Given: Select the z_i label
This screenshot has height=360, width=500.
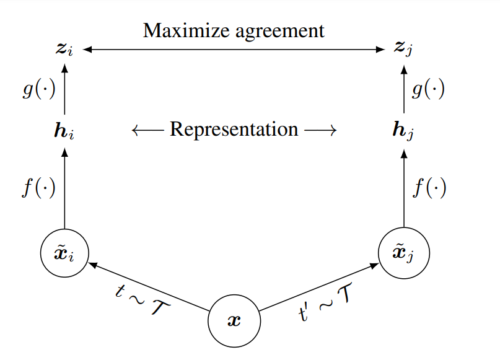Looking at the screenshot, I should (64, 48).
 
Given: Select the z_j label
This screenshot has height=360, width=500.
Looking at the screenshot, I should (403, 48).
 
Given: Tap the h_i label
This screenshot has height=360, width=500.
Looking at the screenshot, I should (64, 131).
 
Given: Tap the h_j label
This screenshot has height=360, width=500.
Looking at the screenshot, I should (403, 131).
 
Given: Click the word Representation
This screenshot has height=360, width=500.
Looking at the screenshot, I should (234, 130).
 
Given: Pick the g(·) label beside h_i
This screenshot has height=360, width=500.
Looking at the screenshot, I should (38, 90).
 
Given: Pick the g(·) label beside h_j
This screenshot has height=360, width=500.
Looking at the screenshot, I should (428, 90).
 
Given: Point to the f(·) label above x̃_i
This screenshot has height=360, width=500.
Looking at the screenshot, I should (38, 187).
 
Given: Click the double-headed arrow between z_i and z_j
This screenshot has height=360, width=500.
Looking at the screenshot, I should (234, 49).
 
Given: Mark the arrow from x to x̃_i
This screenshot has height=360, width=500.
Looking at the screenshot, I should (148, 286).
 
